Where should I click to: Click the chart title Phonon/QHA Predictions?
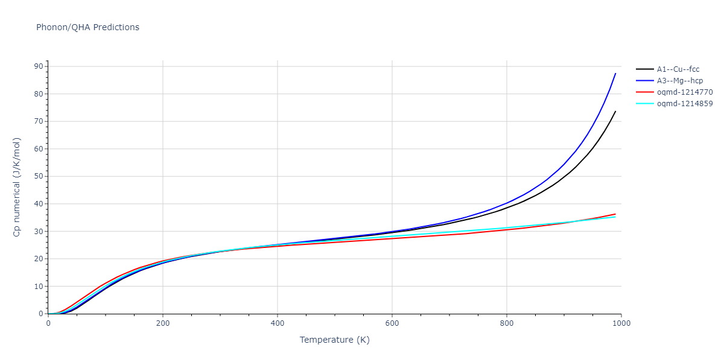tap(87, 27)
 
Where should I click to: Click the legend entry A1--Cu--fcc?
tap(678, 69)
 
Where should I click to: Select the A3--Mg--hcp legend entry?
tap(679, 81)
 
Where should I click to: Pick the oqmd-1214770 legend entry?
tap(685, 92)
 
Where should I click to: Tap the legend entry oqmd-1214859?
tap(685, 104)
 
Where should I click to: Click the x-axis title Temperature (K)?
tap(334, 340)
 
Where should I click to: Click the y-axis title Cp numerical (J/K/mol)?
tap(17, 187)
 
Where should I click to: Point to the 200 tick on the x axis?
tap(163, 323)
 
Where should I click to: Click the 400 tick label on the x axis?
tap(278, 323)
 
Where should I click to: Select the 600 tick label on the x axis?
tap(392, 323)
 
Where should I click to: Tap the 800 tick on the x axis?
tap(507, 323)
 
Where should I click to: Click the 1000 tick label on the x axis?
tap(621, 323)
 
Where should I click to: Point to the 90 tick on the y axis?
tap(39, 66)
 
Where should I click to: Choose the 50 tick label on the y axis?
tap(39, 176)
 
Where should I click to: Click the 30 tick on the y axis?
tap(39, 231)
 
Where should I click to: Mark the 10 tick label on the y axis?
tap(39, 287)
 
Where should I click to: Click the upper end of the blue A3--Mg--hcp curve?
tap(615, 74)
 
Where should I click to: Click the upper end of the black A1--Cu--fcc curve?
tap(615, 111)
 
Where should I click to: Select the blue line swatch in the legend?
tap(644, 81)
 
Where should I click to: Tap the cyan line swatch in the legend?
tap(644, 104)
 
